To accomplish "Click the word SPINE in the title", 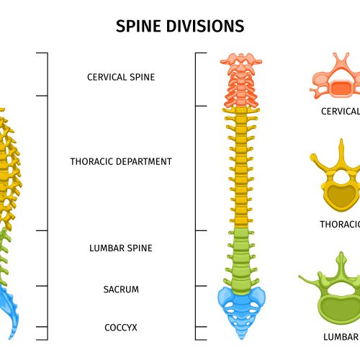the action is [x=138, y=26].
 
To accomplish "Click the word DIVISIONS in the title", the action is [x=205, y=26].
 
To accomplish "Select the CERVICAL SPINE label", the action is [x=121, y=77].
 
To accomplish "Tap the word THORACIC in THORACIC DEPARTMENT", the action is [x=91, y=161].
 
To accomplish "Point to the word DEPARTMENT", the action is [x=144, y=161].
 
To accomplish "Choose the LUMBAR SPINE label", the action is [x=121, y=248].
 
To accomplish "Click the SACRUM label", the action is [x=121, y=289].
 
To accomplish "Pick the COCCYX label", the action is [x=121, y=328].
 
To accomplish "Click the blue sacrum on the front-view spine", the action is [x=241, y=310].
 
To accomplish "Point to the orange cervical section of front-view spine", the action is [x=241, y=81].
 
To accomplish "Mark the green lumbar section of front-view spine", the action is [x=241, y=259].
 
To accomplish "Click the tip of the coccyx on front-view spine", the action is [x=241, y=339].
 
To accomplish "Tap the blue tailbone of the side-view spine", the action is [x=9, y=310].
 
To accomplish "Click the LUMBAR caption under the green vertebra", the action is [x=341, y=337].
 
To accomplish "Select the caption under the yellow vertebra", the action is [x=340, y=225].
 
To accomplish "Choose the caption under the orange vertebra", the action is [x=341, y=112].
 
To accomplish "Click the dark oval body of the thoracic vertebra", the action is [x=341, y=195].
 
